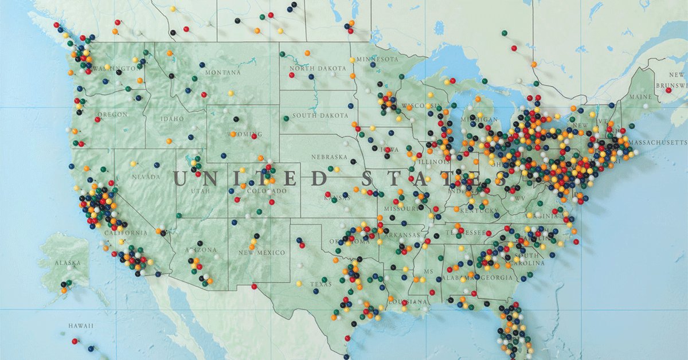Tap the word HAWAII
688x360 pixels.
point(81,326)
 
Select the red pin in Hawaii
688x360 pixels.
point(74,341)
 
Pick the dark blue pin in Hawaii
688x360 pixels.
point(91,348)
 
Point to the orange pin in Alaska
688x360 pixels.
point(64,290)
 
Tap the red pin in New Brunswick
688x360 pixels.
point(669,90)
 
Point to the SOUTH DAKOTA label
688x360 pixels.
point(320,116)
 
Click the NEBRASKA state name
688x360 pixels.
point(329,157)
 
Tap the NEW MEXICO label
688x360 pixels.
point(261,253)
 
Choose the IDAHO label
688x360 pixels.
point(173,119)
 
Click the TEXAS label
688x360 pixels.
point(320,284)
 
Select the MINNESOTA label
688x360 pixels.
point(377,60)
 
